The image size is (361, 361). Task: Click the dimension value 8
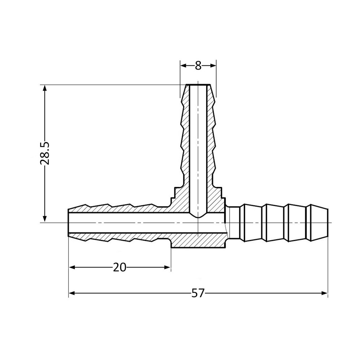tap(198, 66)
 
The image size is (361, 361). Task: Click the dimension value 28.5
tap(45, 153)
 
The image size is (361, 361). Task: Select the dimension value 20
tap(119, 268)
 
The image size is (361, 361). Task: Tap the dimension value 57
tap(198, 293)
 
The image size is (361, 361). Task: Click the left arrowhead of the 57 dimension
tap(71, 293)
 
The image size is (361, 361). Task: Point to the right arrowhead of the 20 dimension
tap(168, 268)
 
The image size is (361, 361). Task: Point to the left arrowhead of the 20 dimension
tap(71, 268)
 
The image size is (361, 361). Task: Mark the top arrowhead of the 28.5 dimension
tap(45, 88)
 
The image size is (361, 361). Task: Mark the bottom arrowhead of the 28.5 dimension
tap(45, 219)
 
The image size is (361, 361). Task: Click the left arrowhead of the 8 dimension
tap(183, 66)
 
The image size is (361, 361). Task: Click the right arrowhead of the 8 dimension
tap(213, 66)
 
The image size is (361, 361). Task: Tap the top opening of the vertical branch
tap(198, 85)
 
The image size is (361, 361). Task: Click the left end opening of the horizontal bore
tap(69, 223)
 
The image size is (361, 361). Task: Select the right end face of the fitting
tap(328, 223)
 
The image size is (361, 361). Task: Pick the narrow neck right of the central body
tap(234, 223)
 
